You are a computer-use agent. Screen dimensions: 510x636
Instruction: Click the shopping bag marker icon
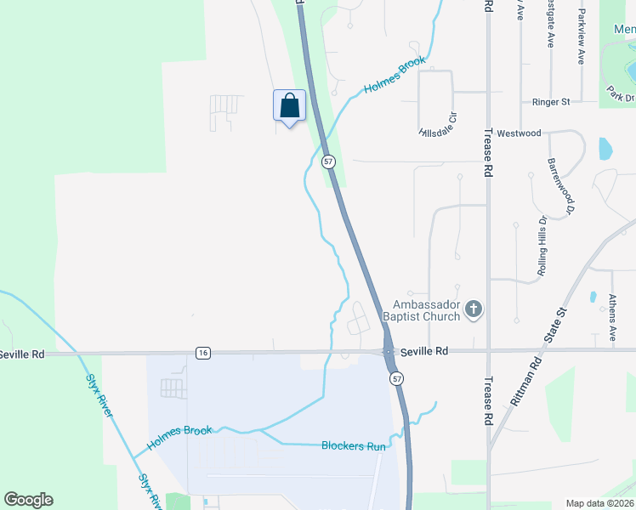coord(289,106)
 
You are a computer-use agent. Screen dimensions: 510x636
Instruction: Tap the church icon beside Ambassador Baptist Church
coord(474,310)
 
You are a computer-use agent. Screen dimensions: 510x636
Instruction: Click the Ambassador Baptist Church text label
coord(426,310)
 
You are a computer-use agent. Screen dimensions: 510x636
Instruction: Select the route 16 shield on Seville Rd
coord(202,353)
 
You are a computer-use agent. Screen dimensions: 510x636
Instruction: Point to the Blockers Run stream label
coord(354,445)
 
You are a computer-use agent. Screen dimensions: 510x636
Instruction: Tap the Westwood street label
coord(519,133)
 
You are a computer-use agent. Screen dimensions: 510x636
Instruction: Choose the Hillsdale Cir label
coord(439,126)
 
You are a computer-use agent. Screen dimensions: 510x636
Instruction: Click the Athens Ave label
coord(612,317)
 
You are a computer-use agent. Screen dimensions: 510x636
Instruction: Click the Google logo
coord(28,500)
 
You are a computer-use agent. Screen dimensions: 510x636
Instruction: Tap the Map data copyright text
coord(600,503)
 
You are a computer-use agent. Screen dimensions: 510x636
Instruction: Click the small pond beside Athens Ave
coord(593,297)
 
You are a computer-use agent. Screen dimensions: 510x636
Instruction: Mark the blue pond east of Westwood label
coord(605,149)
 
